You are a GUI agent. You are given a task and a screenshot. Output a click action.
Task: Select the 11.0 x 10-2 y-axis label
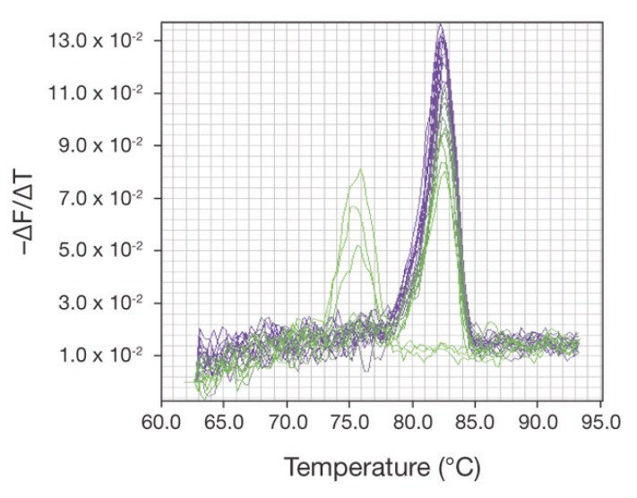coord(99,92)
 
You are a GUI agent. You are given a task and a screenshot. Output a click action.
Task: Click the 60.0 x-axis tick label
coord(161,420)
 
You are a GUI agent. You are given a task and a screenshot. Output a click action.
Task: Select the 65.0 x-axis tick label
coord(224,420)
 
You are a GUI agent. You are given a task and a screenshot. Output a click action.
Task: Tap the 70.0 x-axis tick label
coord(287,420)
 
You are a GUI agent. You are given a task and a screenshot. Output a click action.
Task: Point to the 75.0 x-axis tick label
coord(349,420)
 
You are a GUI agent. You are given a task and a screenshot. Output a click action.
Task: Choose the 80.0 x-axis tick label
coord(412,420)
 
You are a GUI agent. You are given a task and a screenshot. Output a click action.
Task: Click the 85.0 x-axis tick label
coord(475,420)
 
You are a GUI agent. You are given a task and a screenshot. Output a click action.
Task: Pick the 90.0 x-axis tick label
coord(538,420)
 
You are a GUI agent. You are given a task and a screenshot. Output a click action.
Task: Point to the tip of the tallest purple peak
coord(441,24)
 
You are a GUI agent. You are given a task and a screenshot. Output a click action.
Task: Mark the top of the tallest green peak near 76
coord(360,168)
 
